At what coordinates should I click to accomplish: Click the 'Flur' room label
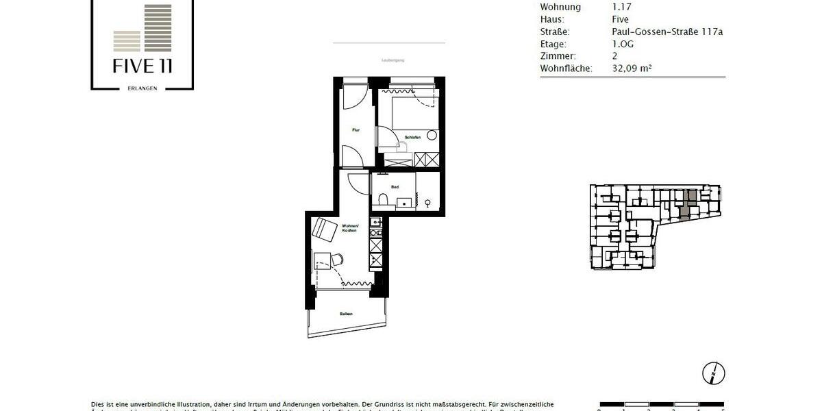click(x=356, y=129)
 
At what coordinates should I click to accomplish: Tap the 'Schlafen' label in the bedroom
click(x=412, y=138)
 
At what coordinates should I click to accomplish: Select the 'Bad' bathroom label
click(x=395, y=187)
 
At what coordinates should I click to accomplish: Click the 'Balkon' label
click(x=346, y=314)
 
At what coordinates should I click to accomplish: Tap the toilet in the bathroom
click(x=383, y=200)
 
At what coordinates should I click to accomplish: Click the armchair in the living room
click(x=324, y=229)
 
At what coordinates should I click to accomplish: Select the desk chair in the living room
click(x=336, y=258)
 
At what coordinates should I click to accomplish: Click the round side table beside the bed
click(x=432, y=135)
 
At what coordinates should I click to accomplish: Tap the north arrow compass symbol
click(x=713, y=373)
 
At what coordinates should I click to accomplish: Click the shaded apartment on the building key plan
click(x=691, y=197)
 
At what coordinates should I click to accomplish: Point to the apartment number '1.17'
click(x=621, y=7)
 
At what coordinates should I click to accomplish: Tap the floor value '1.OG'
click(x=623, y=44)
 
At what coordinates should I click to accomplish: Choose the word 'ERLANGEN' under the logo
click(x=142, y=88)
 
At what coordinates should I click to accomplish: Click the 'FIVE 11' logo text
click(x=142, y=66)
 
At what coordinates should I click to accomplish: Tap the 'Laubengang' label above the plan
click(x=393, y=60)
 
